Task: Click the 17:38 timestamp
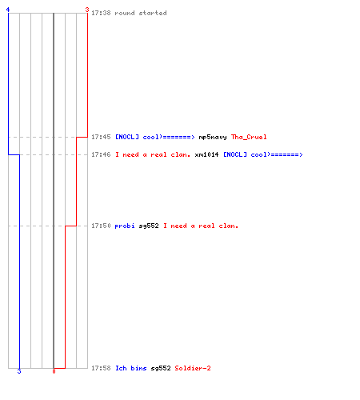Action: pyautogui.click(x=101, y=13)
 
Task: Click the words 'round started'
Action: pyautogui.click(x=141, y=13)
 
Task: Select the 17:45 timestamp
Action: pyautogui.click(x=101, y=137)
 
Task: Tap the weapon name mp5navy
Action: pyautogui.click(x=213, y=138)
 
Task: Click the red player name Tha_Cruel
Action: pyautogui.click(x=249, y=137)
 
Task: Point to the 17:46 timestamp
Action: pyautogui.click(x=101, y=154)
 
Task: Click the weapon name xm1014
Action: pyautogui.click(x=206, y=154)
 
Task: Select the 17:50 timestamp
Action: pyautogui.click(x=101, y=226)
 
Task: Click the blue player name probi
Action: pyautogui.click(x=125, y=226)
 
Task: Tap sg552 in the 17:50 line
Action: pyautogui.click(x=149, y=226)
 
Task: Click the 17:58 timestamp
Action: pyautogui.click(x=101, y=368)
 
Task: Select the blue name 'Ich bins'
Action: pyautogui.click(x=130, y=368)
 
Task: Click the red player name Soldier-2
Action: pyautogui.click(x=193, y=368)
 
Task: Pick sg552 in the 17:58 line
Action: pyautogui.click(x=161, y=369)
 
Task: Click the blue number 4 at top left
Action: pyautogui.click(x=8, y=10)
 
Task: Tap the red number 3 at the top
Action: pyautogui.click(x=87, y=10)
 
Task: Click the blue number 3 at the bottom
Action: pyautogui.click(x=19, y=371)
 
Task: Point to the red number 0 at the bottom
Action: pyautogui.click(x=54, y=371)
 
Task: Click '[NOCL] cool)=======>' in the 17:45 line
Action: pyautogui.click(x=155, y=137)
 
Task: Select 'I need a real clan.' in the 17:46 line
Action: pyautogui.click(x=153, y=154)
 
